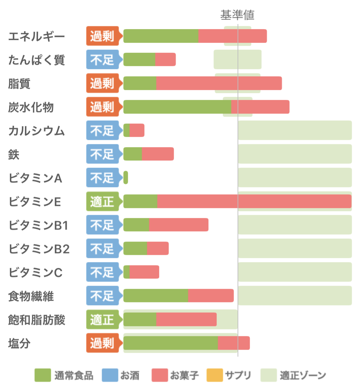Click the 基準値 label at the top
pos(237,15)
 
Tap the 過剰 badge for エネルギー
pos(102,36)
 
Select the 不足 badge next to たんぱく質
pos(102,60)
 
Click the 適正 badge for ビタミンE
pos(102,201)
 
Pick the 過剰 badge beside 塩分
pos(102,343)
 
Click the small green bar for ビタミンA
pos(126,178)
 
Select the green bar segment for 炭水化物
pos(177,107)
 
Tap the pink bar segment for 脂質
pos(219,83)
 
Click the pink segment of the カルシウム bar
pos(137,130)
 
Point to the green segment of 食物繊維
pos(156,296)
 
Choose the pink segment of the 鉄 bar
pos(158,154)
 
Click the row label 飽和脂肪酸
pos(37,320)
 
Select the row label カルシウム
pos(36,131)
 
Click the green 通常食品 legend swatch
pos(43,375)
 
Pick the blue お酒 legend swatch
pos(110,375)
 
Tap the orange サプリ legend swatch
pos(215,375)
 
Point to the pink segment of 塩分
pos(234,343)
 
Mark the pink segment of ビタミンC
pos(144,272)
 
